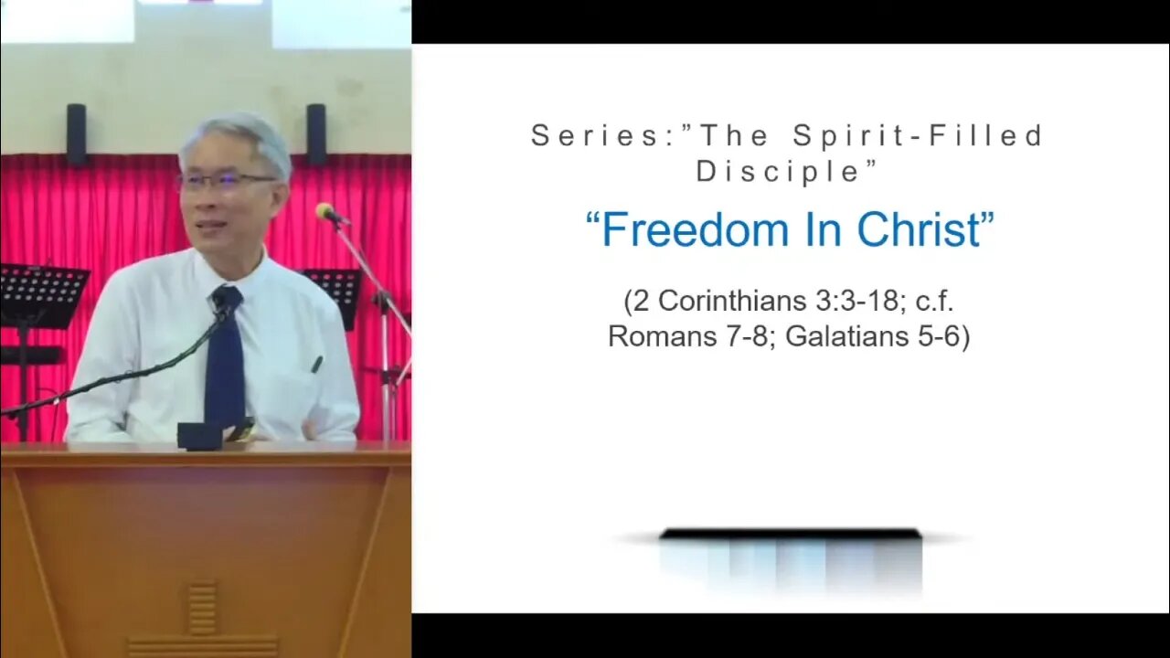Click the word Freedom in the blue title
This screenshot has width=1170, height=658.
(696, 229)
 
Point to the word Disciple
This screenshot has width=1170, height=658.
(778, 171)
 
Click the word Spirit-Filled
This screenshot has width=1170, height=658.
(918, 137)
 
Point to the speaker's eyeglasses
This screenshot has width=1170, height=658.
(229, 181)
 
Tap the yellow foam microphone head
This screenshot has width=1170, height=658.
(324, 211)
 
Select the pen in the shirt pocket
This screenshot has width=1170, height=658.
(317, 364)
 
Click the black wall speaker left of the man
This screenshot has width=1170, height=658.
(76, 134)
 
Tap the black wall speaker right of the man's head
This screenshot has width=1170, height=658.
(316, 134)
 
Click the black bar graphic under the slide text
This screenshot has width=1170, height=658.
(791, 535)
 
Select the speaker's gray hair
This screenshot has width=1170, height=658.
(236, 140)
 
